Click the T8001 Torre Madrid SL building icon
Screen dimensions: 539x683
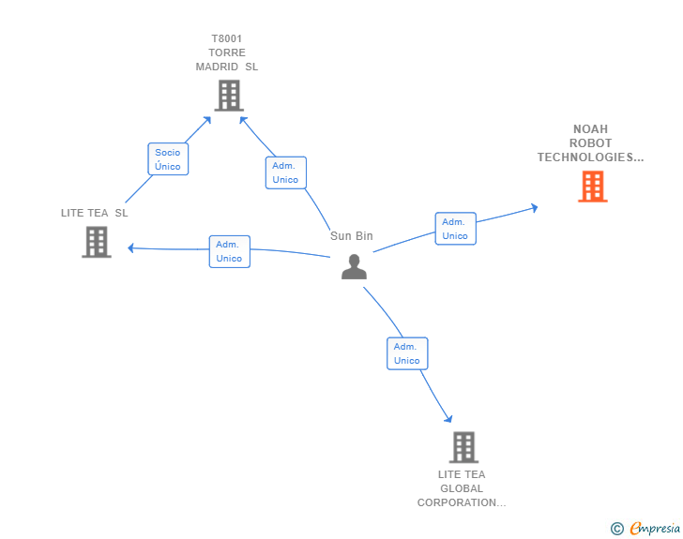pos(228,95)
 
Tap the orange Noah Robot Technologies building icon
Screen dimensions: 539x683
pos(592,187)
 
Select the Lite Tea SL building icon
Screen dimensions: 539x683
pos(96,242)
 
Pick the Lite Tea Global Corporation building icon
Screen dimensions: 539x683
pos(463,447)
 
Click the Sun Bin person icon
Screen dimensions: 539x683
pos(354,267)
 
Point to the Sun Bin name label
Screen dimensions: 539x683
pos(352,236)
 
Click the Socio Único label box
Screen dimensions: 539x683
pos(168,159)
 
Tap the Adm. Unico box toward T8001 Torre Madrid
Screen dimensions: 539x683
pos(285,172)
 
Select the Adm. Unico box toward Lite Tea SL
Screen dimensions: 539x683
pos(229,251)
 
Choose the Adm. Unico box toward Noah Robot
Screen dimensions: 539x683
pos(455,229)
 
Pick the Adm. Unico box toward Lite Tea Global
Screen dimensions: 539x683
pos(407,353)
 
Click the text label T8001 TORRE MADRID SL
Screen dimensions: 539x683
pos(227,52)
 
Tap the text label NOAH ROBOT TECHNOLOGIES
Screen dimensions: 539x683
pos(590,143)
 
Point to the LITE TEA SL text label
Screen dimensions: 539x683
pos(95,213)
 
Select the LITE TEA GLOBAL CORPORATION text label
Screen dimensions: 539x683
pos(462,488)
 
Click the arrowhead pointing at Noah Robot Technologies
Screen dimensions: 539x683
pos(534,207)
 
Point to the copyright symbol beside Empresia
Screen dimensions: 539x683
pos(617,529)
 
